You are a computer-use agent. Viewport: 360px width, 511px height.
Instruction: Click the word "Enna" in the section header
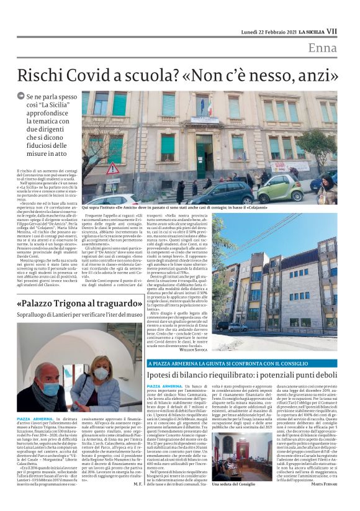(x=322, y=48)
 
